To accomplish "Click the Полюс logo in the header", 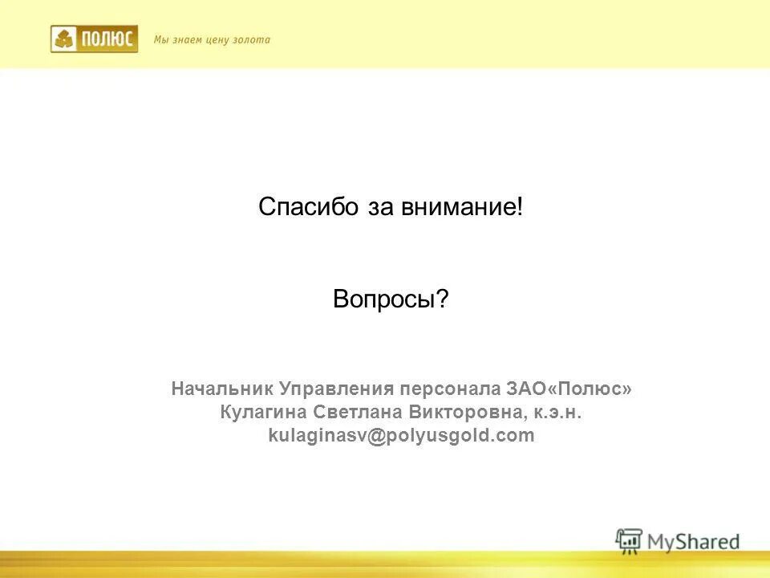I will (x=94, y=39).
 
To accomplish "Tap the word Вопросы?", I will (x=391, y=300).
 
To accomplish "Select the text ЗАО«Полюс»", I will (x=569, y=389).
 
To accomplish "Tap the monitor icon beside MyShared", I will (x=630, y=541).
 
